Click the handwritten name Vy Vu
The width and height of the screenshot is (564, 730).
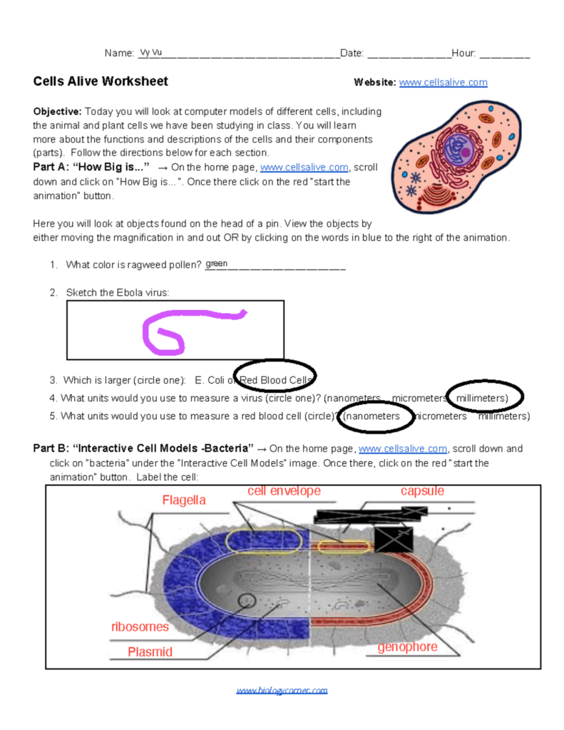point(151,53)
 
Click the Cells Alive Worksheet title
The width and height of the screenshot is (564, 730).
point(101,81)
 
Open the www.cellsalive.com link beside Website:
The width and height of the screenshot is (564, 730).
point(443,83)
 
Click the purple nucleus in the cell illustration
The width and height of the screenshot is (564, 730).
point(453,150)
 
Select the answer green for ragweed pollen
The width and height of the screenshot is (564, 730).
point(216,264)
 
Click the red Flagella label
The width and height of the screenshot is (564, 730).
point(183,500)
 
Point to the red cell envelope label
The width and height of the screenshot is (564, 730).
point(284,491)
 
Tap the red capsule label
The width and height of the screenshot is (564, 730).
point(422,491)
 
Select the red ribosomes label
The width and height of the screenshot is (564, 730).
point(140,627)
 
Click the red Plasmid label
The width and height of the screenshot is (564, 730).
point(150,652)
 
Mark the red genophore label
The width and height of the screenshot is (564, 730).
point(407,647)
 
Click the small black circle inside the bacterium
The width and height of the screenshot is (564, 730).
point(247,601)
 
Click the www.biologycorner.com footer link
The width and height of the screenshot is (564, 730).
point(282,690)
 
